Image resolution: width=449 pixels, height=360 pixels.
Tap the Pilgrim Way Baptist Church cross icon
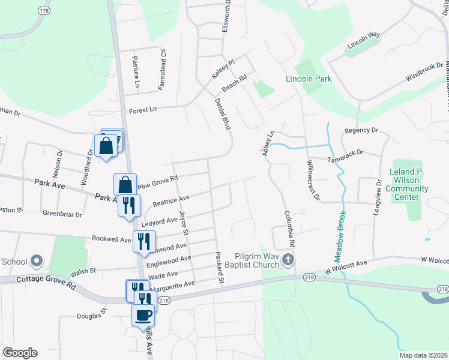coord(288,260)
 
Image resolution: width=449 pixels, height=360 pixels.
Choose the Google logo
coord(20,352)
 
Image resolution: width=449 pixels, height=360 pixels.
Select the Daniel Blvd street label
coord(223,115)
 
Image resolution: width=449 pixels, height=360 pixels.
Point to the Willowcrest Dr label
coord(313,180)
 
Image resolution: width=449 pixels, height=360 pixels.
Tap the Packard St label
coord(219,268)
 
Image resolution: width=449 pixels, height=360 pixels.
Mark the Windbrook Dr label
coord(424,71)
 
